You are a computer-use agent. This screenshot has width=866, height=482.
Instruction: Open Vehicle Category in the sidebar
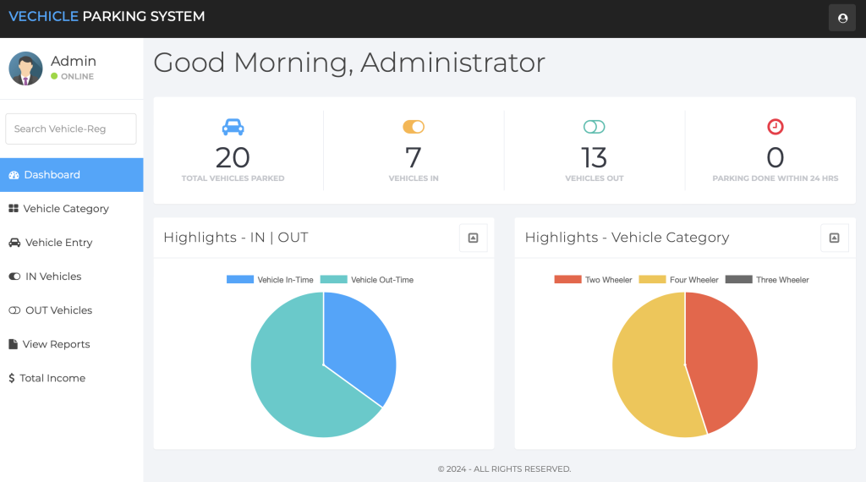pyautogui.click(x=66, y=209)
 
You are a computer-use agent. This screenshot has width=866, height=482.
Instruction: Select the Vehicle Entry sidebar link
pyautogui.click(x=58, y=243)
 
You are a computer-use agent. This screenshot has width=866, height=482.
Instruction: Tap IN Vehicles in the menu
pyautogui.click(x=53, y=277)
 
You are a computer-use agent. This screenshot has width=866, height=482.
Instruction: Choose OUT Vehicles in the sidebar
pyautogui.click(x=58, y=310)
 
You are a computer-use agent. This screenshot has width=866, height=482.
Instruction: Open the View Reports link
pyautogui.click(x=56, y=344)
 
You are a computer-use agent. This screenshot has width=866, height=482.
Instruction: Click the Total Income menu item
pyautogui.click(x=52, y=378)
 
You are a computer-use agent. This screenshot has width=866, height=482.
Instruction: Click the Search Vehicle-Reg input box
pyautogui.click(x=71, y=129)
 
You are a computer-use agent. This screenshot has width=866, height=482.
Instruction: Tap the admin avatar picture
pyautogui.click(x=25, y=68)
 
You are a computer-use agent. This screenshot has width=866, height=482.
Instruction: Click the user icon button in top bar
pyautogui.click(x=841, y=18)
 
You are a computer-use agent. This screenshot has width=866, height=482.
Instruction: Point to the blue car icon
pyautogui.click(x=233, y=127)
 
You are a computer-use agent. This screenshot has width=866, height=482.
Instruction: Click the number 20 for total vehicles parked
pyautogui.click(x=233, y=157)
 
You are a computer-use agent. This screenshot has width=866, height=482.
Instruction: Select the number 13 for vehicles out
pyautogui.click(x=594, y=157)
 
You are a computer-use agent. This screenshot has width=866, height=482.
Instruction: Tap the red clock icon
pyautogui.click(x=775, y=127)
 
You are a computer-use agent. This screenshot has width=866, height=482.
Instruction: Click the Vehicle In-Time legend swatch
pyautogui.click(x=240, y=279)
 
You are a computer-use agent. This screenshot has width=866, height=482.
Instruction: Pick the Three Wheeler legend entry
pyautogui.click(x=767, y=280)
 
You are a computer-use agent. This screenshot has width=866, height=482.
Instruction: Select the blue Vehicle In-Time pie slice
pyautogui.click(x=359, y=342)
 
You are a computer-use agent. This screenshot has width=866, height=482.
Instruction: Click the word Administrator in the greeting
pyautogui.click(x=452, y=63)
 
